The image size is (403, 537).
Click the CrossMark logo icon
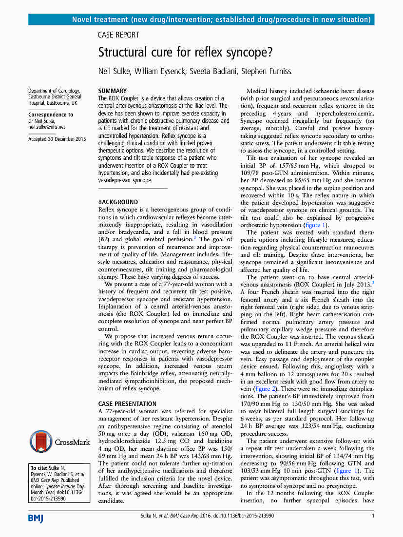(x=41, y=441)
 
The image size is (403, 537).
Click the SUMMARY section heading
(x=113, y=91)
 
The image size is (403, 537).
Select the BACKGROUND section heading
(x=118, y=202)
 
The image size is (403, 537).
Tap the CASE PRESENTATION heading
(x=127, y=403)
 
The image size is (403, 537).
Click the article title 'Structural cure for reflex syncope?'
(x=186, y=52)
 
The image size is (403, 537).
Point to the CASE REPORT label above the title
(x=118, y=35)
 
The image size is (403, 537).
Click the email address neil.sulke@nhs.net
(x=47, y=127)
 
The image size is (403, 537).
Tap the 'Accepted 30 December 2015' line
(x=57, y=139)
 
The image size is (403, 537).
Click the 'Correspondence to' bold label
(x=51, y=115)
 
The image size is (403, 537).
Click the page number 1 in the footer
(x=372, y=516)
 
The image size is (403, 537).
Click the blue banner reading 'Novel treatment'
(x=201, y=19)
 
